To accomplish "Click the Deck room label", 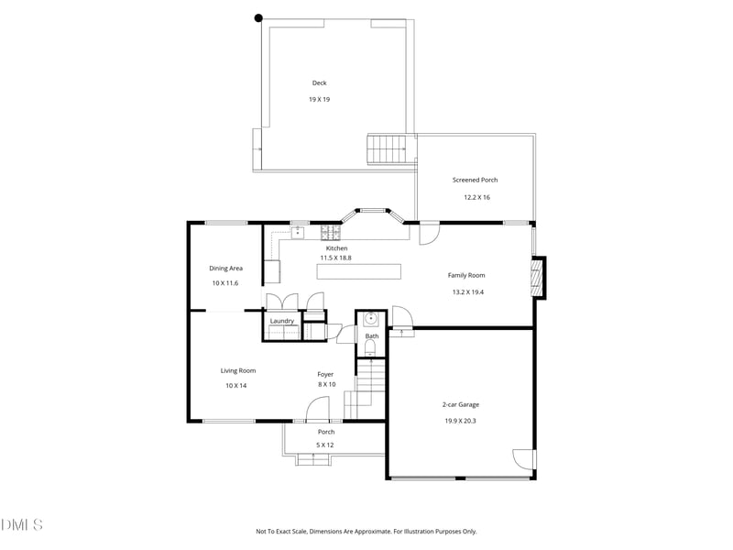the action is pos(319,82).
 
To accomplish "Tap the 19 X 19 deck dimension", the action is pos(319,99).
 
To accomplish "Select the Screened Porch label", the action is pos(475,180).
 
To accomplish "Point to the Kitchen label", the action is pos(336,247).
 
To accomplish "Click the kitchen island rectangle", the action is pos(358,271).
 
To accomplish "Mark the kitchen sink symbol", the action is pos(298,233).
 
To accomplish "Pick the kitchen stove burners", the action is pos(331,232).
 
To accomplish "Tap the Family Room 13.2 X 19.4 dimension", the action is pos(467,291).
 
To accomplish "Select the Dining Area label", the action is pos(225,268).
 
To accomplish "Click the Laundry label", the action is pos(282,320).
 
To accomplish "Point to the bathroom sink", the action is pos(371,319).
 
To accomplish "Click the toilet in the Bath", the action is pos(370,348).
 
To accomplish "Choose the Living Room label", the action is pos(238,370).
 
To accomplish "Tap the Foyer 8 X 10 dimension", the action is pos(327,384).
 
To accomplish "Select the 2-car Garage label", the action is pos(461,404).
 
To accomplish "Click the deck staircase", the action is pos(386,149).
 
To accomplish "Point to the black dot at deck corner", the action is pos(258,18).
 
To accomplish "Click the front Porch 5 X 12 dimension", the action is pos(325,445).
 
